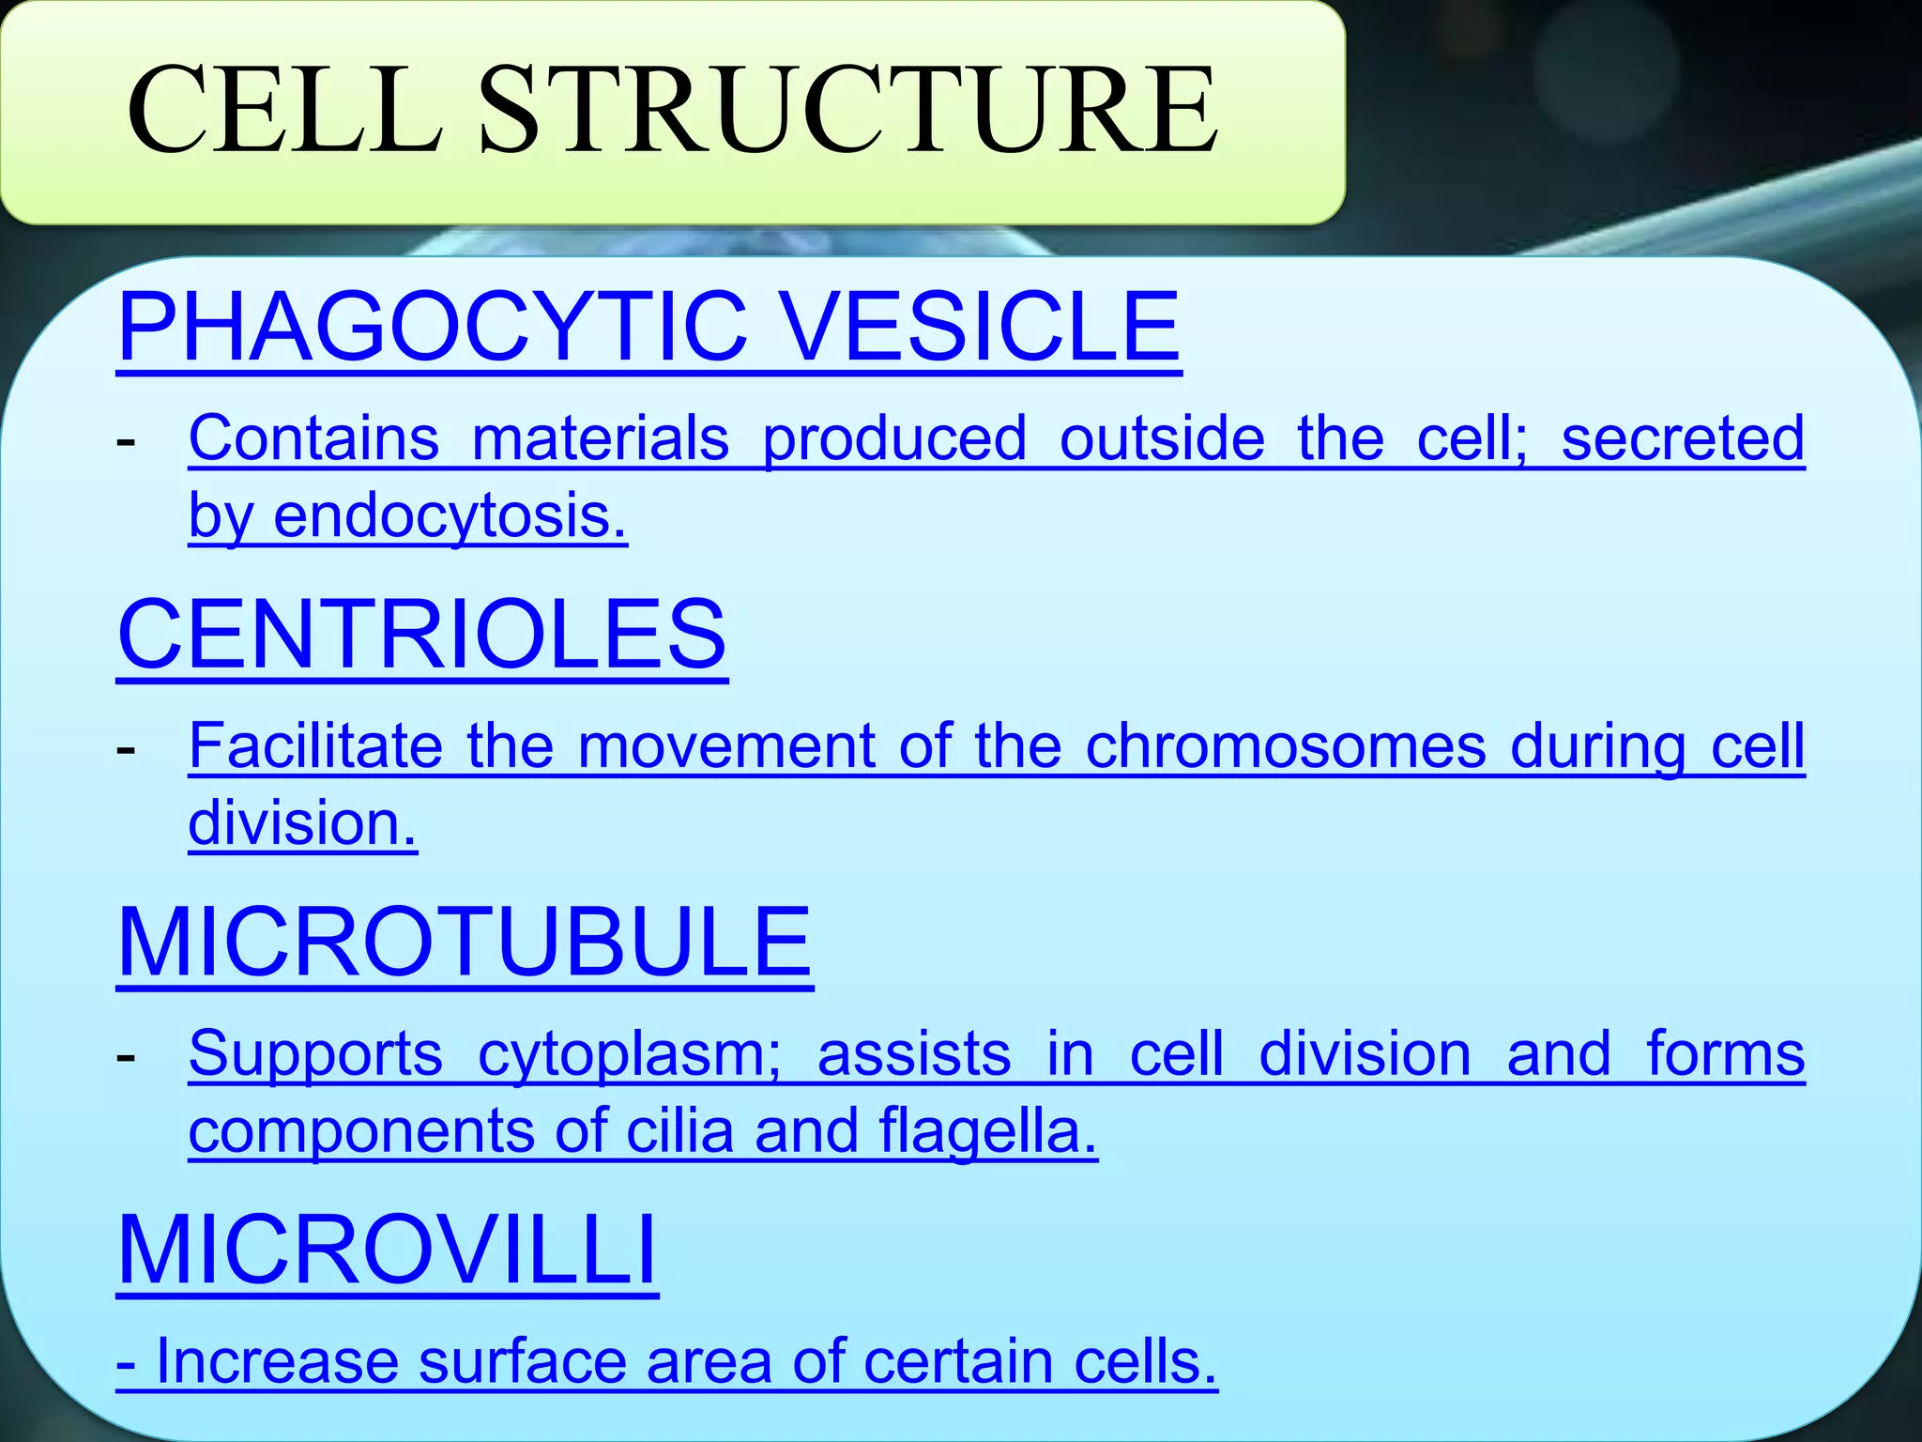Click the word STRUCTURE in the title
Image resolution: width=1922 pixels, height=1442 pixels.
pos(849,111)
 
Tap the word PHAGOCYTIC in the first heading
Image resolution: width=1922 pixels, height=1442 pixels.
pos(432,326)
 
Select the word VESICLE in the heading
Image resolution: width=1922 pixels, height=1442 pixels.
pos(980,326)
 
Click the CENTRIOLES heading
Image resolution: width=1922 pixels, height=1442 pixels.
pos(421,635)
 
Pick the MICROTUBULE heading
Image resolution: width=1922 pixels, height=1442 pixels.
pos(465,943)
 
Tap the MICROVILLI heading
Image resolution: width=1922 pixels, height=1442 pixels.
pos(387,1250)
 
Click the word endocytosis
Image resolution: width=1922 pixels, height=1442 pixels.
pos(450,517)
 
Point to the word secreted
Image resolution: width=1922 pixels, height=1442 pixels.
pos(1682,438)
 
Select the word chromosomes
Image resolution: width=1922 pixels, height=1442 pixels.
pos(1286,746)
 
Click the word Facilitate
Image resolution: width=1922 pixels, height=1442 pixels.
pos(315,746)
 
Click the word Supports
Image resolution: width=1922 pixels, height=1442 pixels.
pos(315,1054)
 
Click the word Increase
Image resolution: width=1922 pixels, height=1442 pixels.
pos(278,1362)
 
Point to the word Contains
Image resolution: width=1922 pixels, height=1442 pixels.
pos(313,438)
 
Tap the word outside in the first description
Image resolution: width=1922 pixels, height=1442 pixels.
pos(1162,438)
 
